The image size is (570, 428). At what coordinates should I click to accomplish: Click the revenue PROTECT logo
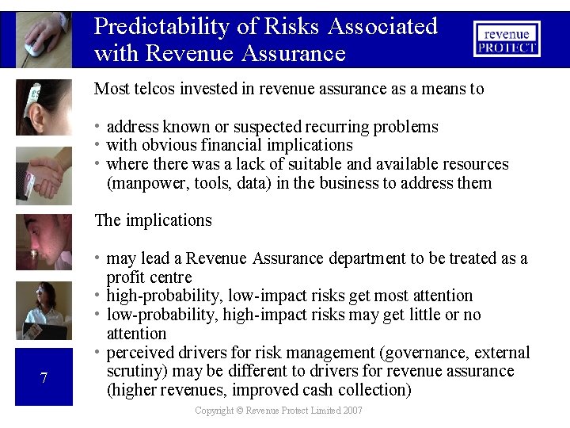(507, 39)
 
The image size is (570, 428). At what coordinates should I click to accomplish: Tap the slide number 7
(44, 377)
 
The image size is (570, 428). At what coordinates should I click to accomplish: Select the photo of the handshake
(44, 175)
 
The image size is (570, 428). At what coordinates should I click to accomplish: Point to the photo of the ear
(44, 107)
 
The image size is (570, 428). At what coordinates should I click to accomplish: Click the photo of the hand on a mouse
(44, 38)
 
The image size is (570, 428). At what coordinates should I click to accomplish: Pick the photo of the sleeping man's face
(44, 242)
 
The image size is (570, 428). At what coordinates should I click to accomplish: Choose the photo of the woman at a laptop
(44, 310)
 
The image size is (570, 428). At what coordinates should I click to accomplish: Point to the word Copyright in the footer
(215, 411)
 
